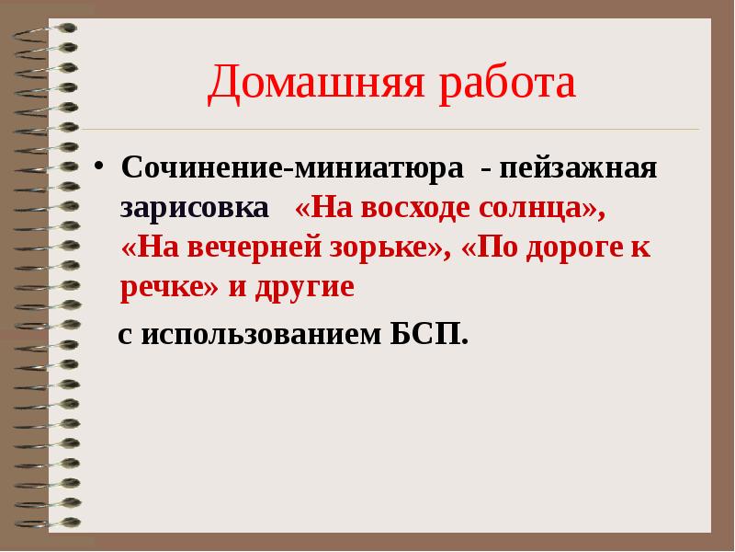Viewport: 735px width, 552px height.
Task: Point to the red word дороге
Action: pyautogui.click(x=570, y=247)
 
